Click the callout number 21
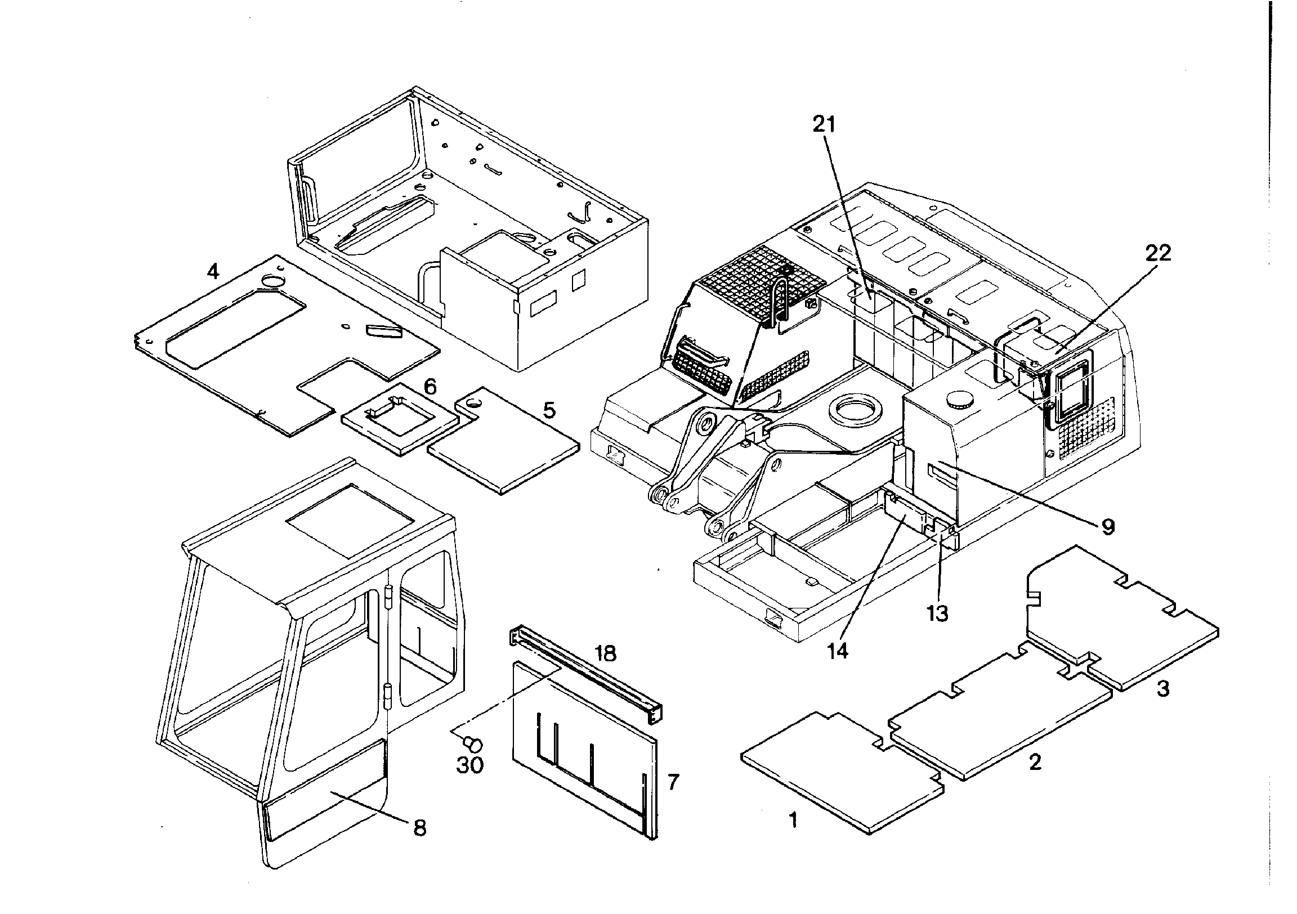click(x=824, y=124)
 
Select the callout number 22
click(x=1159, y=253)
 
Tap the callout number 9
click(x=1108, y=527)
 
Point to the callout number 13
click(x=938, y=613)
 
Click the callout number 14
click(x=838, y=651)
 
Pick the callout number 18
click(x=605, y=653)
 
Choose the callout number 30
click(x=470, y=765)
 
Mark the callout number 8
click(x=420, y=828)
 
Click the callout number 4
click(x=212, y=272)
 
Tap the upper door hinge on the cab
click(x=388, y=605)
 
